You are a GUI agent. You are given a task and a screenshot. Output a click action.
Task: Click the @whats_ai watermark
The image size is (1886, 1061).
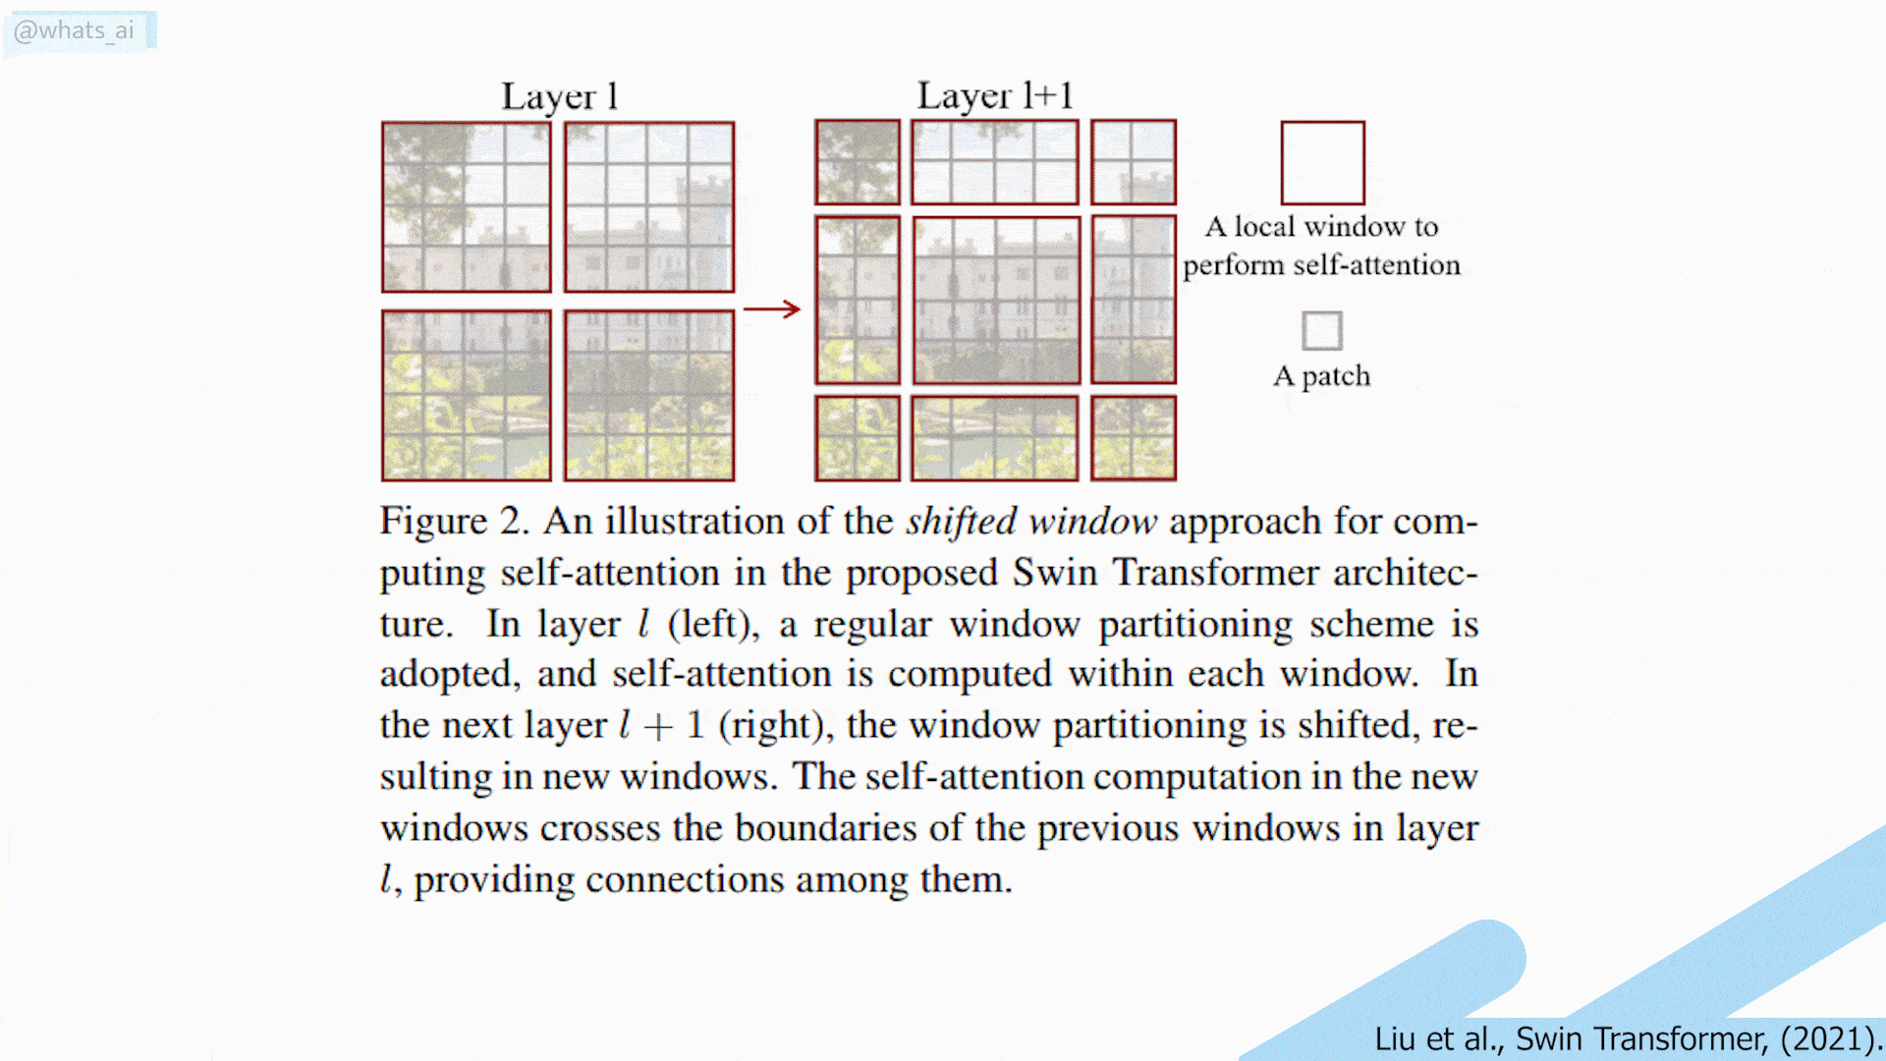[x=75, y=30]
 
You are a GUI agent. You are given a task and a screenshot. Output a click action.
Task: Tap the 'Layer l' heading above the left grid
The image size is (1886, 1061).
[x=559, y=96]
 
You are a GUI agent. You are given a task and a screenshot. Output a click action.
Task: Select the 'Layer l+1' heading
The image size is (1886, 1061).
[x=994, y=95]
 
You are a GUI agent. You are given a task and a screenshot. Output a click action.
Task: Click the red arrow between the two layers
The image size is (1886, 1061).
[x=772, y=309]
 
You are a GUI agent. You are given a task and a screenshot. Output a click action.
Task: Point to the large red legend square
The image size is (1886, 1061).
[x=1322, y=163]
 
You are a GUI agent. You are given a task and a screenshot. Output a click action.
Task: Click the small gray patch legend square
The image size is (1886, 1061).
[x=1321, y=330]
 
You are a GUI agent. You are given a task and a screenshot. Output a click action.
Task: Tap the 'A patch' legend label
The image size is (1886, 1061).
[x=1321, y=376]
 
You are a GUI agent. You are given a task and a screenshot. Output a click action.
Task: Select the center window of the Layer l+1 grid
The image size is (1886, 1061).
[x=996, y=300]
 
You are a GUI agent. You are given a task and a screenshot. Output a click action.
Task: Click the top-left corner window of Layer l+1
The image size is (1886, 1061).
[x=858, y=162]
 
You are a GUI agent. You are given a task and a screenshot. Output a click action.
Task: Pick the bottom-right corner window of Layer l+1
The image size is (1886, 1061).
[x=1133, y=438]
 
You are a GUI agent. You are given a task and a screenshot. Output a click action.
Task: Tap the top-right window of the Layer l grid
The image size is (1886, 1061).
[x=648, y=207]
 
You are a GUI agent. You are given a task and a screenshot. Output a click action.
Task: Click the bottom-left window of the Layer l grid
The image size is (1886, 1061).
[x=467, y=395]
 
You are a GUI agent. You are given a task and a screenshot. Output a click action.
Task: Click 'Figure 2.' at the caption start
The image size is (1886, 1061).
[x=454, y=521]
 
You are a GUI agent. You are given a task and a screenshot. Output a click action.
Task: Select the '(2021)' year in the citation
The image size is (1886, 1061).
[x=1825, y=1038]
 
